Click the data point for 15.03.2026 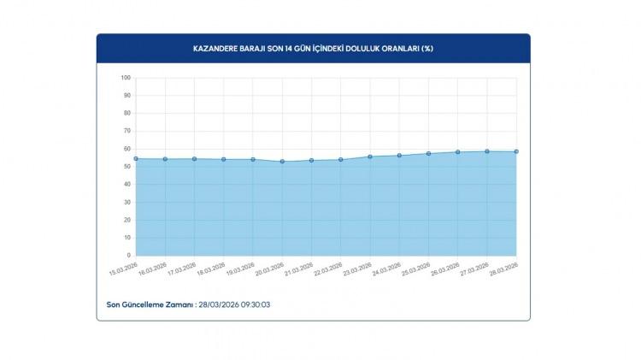tap(136, 158)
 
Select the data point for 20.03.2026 tap(282, 161)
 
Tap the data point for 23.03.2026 tap(370, 156)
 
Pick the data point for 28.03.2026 tap(516, 151)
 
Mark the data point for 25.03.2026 tap(428, 154)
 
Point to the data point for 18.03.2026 tap(224, 159)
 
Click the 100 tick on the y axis tap(125, 78)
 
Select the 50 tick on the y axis tap(126, 167)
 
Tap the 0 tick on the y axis tap(128, 255)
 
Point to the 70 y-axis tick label tap(126, 131)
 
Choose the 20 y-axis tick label tap(126, 220)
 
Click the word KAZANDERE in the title tap(215, 48)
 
